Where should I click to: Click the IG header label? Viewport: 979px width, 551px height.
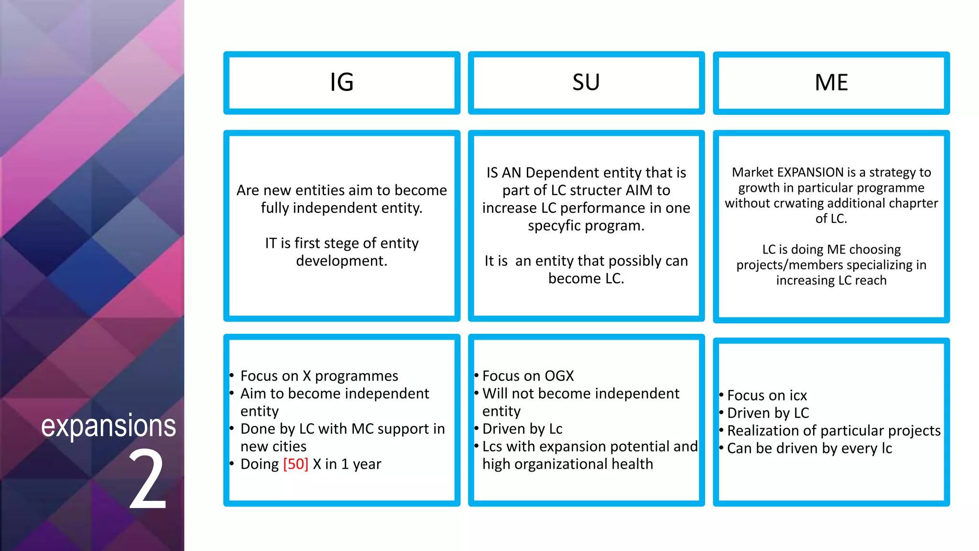pos(341,82)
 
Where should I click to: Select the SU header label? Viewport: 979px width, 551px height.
pos(586,82)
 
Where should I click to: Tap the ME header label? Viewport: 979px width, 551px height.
pos(831,82)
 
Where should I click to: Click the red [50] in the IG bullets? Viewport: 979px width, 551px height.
pos(295,464)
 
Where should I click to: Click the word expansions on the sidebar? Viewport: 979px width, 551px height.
pos(109,426)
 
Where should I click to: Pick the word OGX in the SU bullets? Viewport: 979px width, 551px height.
pos(559,376)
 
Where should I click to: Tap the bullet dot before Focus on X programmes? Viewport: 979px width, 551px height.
pos(231,376)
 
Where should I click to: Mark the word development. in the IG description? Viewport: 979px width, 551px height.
pos(341,261)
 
